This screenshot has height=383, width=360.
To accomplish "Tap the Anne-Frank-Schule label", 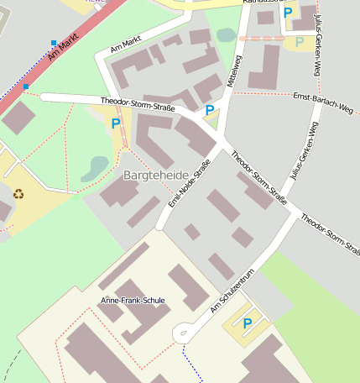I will pos(133,300).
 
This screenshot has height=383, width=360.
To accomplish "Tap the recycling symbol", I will pos(18,194).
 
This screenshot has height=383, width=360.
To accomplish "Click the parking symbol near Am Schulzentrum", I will pos(248,323).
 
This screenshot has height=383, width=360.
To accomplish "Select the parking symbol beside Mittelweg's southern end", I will pos(209,110).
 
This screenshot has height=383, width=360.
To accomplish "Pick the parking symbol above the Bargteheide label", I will pos(116,123).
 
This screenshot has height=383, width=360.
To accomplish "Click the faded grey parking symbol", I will pos(300,42).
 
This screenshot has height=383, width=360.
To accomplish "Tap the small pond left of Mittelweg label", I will pos(226,35).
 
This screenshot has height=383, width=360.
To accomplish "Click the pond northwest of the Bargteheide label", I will pos(95,168).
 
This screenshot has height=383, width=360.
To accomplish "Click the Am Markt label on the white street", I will pos(125,45).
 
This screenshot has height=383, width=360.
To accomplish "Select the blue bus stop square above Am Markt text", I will pos(55,42).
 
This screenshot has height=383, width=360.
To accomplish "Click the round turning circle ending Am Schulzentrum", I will pos(182,334).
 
